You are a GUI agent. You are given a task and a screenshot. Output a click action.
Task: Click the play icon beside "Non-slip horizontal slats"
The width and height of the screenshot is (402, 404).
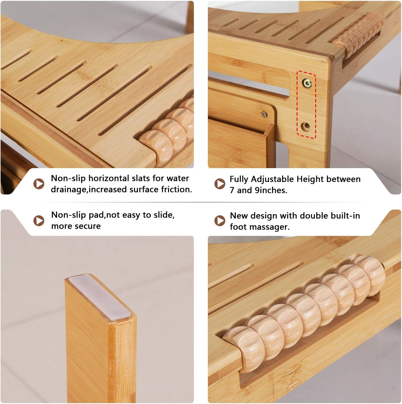(39, 184)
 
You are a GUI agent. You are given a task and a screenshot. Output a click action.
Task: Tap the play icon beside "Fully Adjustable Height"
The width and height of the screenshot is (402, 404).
(220, 184)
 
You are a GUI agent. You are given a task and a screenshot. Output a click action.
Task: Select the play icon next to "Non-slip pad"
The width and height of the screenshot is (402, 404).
(39, 220)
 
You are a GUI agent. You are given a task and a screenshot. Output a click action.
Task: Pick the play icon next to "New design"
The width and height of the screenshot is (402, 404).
(220, 220)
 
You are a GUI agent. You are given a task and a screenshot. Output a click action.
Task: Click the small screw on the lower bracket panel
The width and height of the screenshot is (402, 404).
(264, 115)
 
